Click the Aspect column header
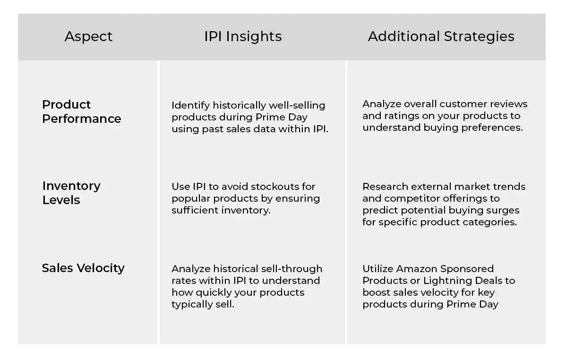pos(88,36)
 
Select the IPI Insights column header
pos(243,36)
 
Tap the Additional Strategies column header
pos(441,36)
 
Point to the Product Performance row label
pos(81,111)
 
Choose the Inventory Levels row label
pos(71,193)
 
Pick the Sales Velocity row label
pos(83,268)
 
